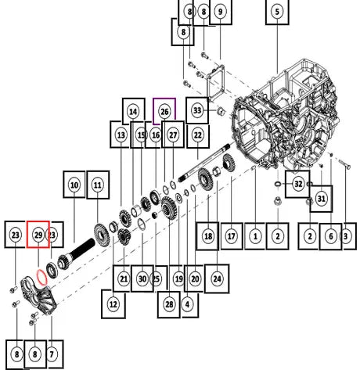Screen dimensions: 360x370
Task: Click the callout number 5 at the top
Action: pyautogui.click(x=277, y=12)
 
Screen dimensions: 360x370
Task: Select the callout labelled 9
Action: pyautogui.click(x=221, y=12)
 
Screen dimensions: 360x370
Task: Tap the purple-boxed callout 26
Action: pyautogui.click(x=164, y=112)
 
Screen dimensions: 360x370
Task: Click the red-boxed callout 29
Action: pyautogui.click(x=38, y=235)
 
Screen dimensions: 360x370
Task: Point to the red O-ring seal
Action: pyautogui.click(x=41, y=278)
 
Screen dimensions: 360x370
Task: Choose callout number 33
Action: pyautogui.click(x=197, y=110)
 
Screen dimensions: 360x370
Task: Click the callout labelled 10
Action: pyautogui.click(x=74, y=185)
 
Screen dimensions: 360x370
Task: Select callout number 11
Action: pyautogui.click(x=98, y=185)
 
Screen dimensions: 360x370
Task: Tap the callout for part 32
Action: pyautogui.click(x=298, y=184)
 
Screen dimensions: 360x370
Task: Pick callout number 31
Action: pyautogui.click(x=321, y=199)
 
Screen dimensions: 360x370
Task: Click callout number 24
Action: pyautogui.click(x=217, y=278)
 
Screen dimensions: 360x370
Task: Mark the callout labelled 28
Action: pyautogui.click(x=169, y=304)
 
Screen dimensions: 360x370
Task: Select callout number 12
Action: pyautogui.click(x=113, y=304)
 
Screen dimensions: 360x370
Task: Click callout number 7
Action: pyautogui.click(x=52, y=354)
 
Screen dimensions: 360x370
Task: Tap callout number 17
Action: pyautogui.click(x=232, y=236)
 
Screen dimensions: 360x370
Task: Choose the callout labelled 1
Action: pyautogui.click(x=255, y=236)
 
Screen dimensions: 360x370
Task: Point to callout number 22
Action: pyautogui.click(x=198, y=135)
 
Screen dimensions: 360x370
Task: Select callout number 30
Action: pyautogui.click(x=142, y=278)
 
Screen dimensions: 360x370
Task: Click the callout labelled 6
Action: pyautogui.click(x=331, y=236)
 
